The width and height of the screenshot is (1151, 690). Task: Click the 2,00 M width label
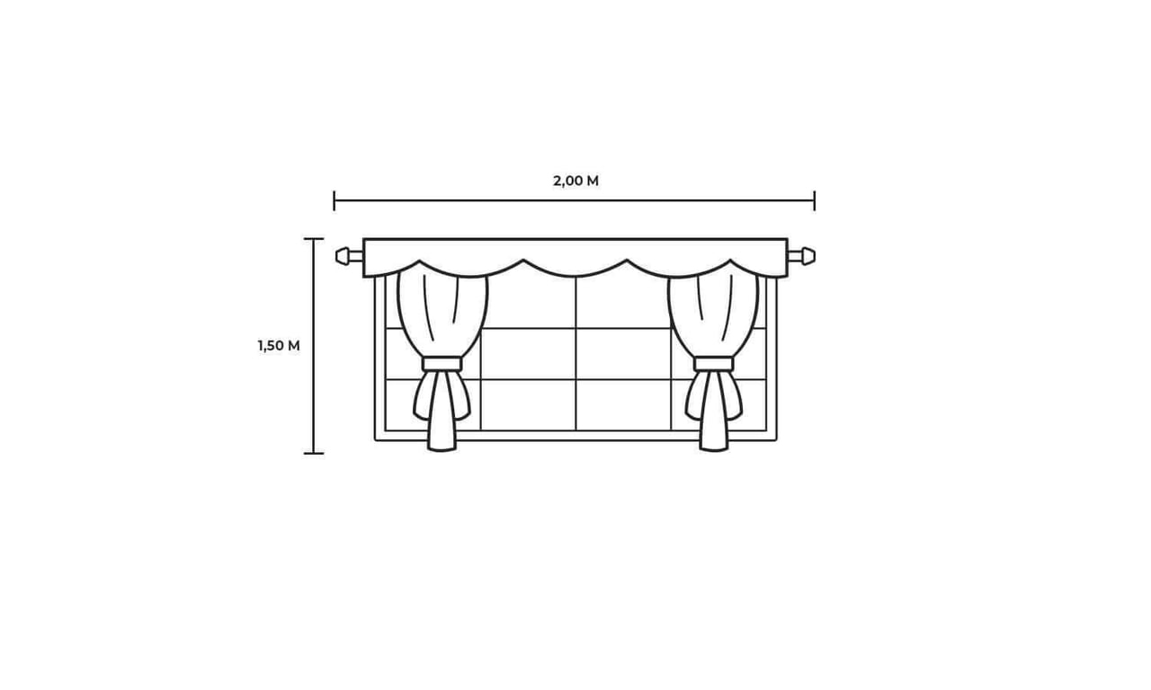(x=575, y=181)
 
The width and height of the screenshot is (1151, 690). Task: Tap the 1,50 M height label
(x=279, y=346)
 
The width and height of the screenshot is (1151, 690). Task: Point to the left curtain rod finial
(x=343, y=256)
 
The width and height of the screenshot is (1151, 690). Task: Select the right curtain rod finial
(x=808, y=256)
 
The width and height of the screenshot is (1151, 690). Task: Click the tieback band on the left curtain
(x=442, y=364)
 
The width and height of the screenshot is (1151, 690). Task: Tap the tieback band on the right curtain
(x=714, y=364)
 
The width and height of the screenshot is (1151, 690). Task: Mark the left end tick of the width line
(x=334, y=200)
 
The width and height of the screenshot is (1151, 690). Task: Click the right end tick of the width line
(x=815, y=200)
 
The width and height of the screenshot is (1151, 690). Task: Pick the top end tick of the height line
(x=314, y=239)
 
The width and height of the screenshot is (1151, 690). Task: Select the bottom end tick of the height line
(x=314, y=454)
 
